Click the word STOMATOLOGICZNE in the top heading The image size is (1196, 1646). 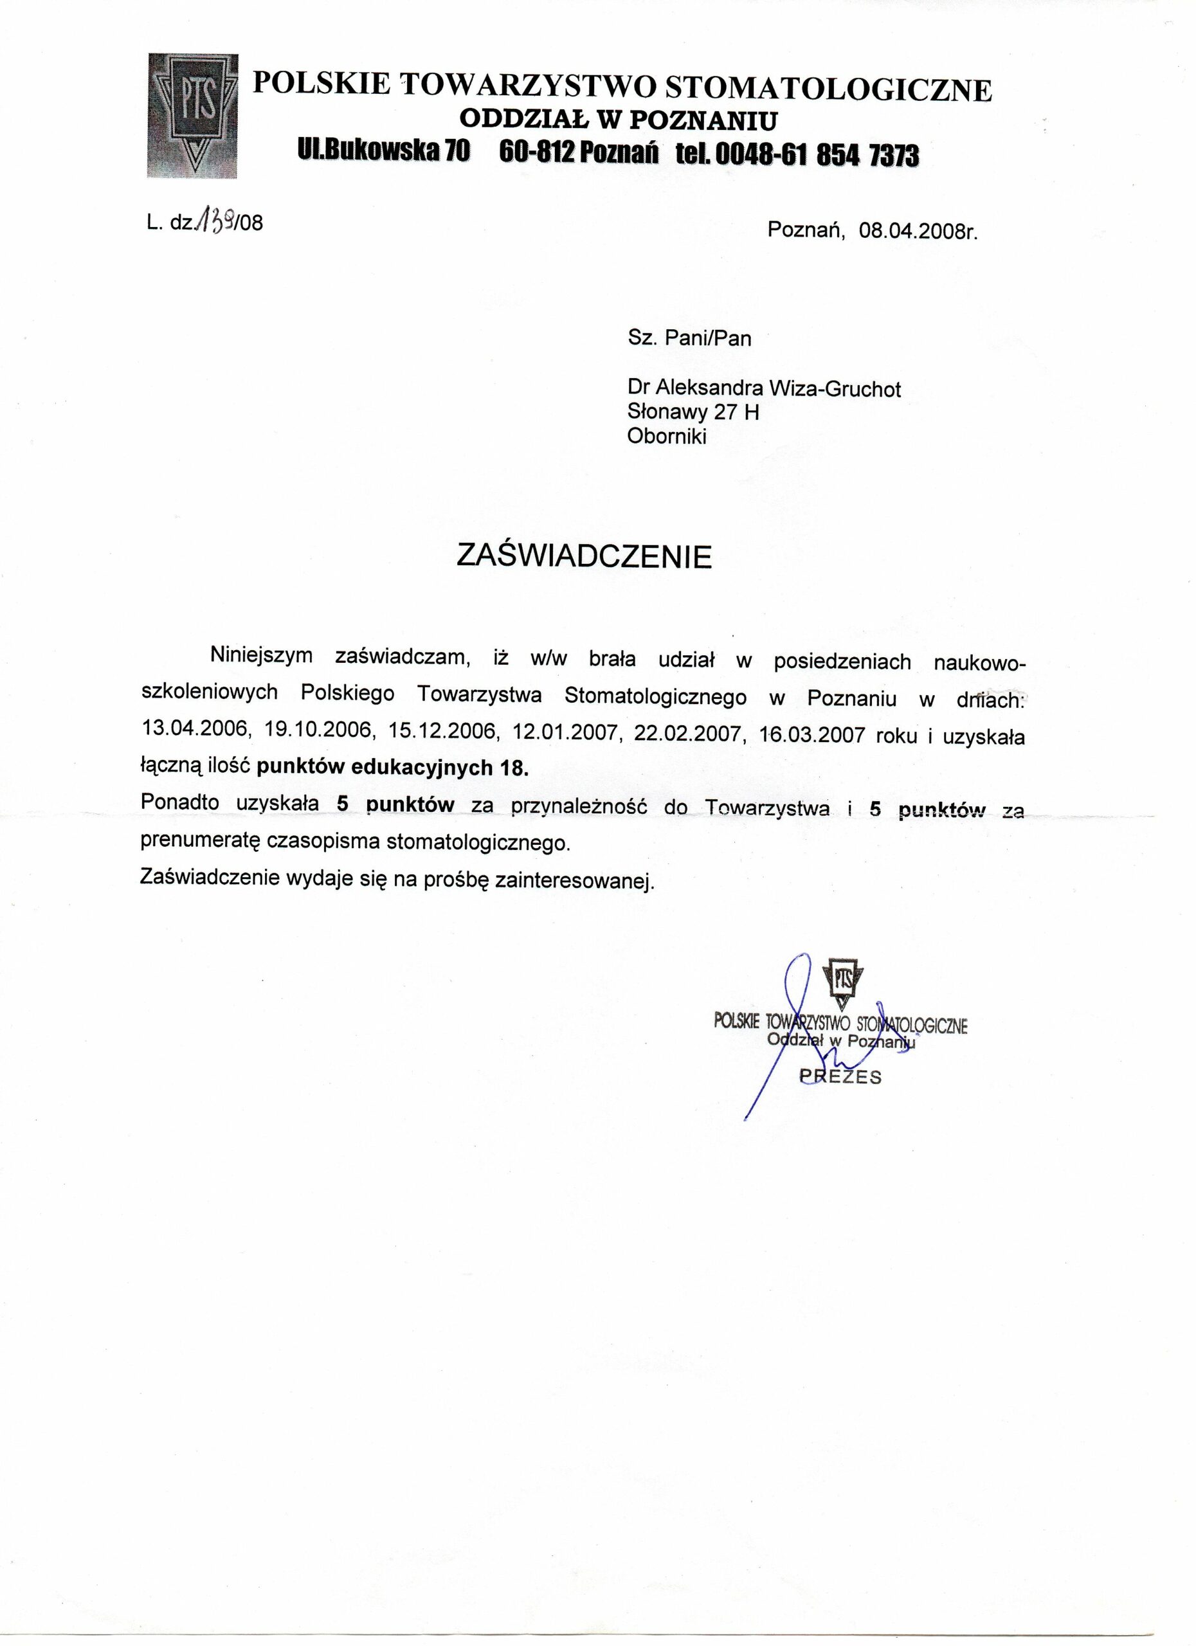[x=829, y=89]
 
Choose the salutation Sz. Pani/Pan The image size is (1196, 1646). [x=689, y=338]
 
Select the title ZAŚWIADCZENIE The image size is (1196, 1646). [x=584, y=557]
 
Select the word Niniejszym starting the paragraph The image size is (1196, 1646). [x=261, y=655]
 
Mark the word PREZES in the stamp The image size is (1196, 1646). [x=840, y=1076]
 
